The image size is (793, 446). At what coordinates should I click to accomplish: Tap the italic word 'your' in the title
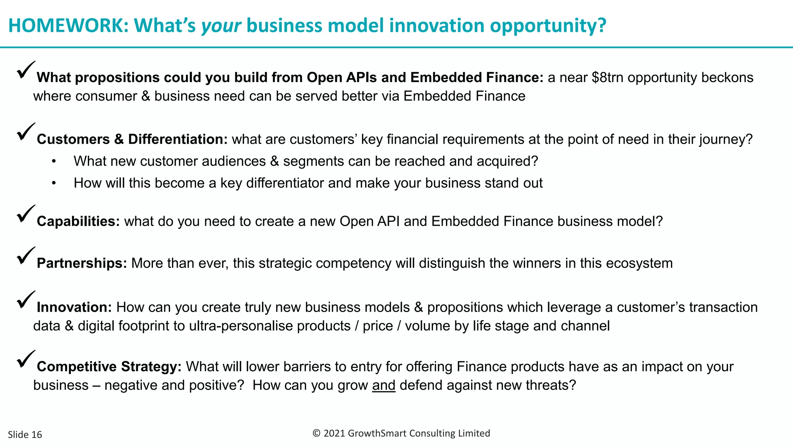[x=221, y=26]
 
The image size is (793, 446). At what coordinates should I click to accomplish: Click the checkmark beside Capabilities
[x=26, y=214]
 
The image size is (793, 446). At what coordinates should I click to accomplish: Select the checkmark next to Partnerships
[x=26, y=256]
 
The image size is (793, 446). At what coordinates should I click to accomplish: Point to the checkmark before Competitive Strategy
[x=26, y=359]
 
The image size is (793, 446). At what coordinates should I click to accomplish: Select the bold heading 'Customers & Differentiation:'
[x=132, y=139]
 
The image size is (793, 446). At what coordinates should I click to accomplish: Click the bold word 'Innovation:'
[x=74, y=307]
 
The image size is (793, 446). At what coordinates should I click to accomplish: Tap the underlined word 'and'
[x=383, y=385]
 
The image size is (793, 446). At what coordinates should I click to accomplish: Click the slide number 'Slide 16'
[x=25, y=434]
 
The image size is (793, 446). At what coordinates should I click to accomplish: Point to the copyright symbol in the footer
[x=316, y=433]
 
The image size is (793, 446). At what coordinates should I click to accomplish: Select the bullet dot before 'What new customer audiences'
[x=54, y=161]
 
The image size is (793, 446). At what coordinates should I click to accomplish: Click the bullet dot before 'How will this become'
[x=54, y=183]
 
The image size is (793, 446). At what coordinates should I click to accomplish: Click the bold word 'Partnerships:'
[x=82, y=263]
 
